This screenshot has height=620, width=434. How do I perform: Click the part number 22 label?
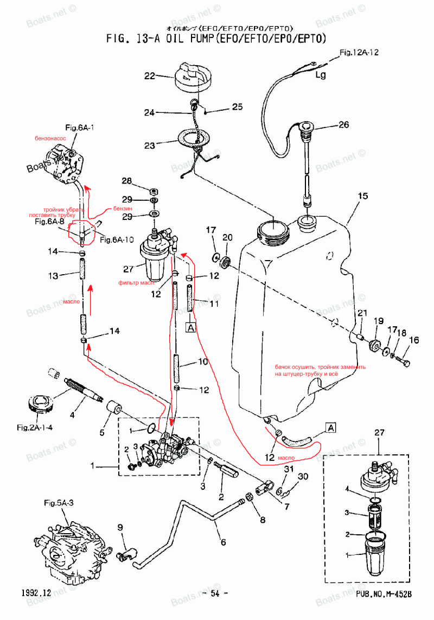point(149,76)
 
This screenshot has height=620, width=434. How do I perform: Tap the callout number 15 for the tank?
point(362,195)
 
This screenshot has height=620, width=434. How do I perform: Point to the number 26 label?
point(344,124)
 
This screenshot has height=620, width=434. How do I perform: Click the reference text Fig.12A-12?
point(359,53)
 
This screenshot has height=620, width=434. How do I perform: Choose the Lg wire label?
point(321,75)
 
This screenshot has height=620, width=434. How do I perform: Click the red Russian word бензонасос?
point(49,139)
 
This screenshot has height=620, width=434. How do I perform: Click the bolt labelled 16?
point(404,361)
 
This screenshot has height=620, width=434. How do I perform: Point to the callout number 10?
point(202,362)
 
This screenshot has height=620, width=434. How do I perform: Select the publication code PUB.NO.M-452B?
point(384,594)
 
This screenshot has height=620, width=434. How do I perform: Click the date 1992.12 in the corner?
point(36,593)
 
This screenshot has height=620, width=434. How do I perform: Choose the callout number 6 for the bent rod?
point(222,541)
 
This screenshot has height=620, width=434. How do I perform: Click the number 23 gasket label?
point(149,145)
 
